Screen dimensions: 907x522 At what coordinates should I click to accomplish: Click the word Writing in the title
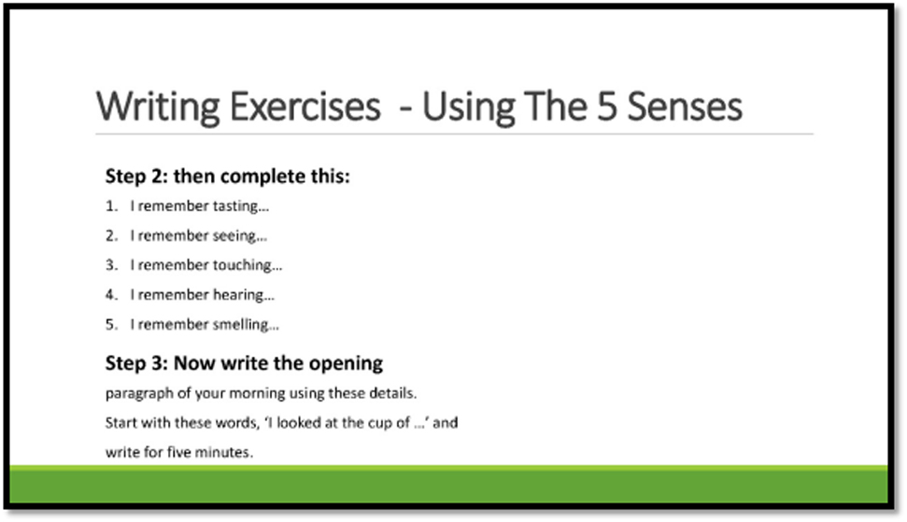[x=157, y=107]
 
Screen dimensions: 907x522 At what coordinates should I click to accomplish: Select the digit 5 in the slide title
[x=607, y=107]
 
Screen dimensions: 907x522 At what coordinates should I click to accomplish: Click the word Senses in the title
[x=685, y=107]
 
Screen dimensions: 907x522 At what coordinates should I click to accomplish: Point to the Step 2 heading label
[x=136, y=176]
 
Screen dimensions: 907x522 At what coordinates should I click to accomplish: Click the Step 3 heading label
[x=136, y=363]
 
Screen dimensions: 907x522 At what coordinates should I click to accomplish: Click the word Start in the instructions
[x=120, y=423]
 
